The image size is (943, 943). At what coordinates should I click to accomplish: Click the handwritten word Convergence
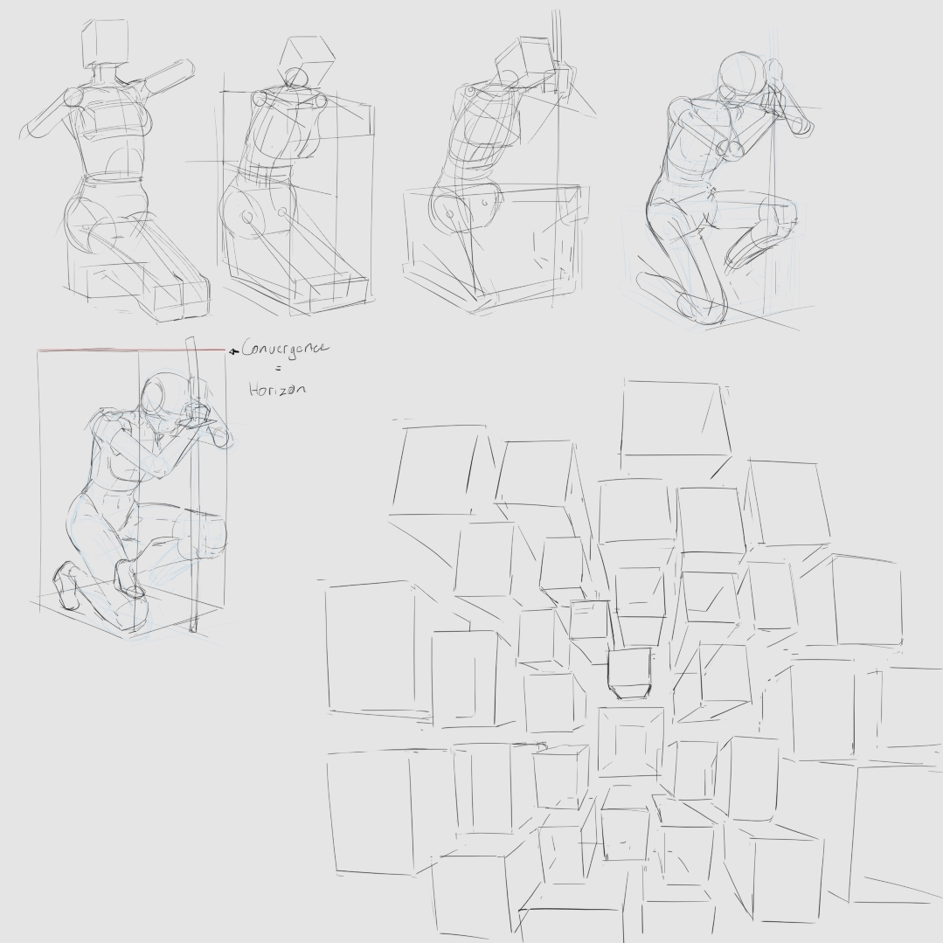point(285,350)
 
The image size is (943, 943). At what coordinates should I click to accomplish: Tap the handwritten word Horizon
point(277,389)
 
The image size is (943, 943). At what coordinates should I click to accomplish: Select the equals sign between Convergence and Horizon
point(278,370)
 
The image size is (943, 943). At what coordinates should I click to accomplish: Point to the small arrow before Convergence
point(234,350)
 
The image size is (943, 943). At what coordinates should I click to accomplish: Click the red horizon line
point(131,350)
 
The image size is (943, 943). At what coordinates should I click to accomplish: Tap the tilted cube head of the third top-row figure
point(524,60)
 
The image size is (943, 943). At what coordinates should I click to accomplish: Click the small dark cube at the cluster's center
point(629,673)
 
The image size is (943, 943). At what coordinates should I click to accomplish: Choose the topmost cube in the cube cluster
point(674,418)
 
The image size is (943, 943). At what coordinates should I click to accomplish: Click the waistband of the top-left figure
point(114,178)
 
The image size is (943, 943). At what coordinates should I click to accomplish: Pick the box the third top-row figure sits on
point(493,246)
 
